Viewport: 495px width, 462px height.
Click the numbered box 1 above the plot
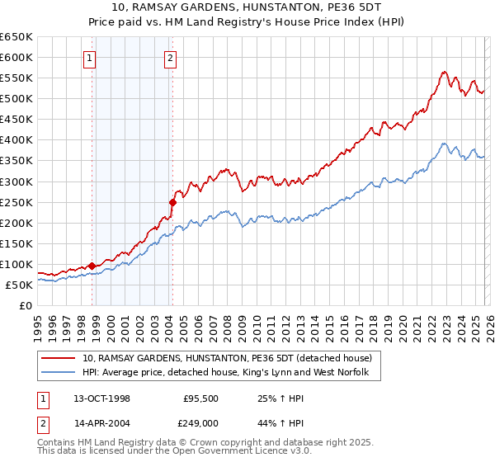(x=88, y=58)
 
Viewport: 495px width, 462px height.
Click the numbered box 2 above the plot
(x=170, y=58)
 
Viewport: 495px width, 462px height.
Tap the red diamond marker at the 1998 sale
(x=92, y=266)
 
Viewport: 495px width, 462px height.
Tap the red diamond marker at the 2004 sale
(x=172, y=201)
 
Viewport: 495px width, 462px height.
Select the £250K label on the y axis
(x=16, y=202)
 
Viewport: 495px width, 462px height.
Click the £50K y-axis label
(x=20, y=285)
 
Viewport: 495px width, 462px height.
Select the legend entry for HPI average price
(x=231, y=373)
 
